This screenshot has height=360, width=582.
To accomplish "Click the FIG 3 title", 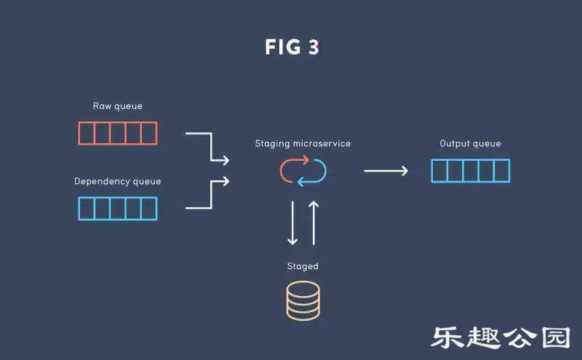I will (x=292, y=48).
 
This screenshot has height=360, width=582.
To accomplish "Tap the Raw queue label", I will (x=118, y=106).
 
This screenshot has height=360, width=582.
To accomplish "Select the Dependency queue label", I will (x=118, y=181).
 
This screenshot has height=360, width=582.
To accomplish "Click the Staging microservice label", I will (x=303, y=143).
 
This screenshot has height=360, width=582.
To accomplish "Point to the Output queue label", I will (x=471, y=143).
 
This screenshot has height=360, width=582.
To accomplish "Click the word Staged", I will (x=303, y=266).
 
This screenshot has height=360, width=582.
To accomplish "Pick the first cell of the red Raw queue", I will (x=87, y=133).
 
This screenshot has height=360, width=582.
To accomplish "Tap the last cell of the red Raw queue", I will (x=148, y=133).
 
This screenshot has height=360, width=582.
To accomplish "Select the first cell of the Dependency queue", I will (x=87, y=209).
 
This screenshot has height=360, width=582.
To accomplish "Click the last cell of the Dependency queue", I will (x=148, y=209).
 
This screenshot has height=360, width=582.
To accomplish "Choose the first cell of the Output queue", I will (x=439, y=171).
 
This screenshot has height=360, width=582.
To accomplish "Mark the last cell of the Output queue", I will (x=501, y=171).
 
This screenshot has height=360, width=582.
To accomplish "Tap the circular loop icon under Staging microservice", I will (x=303, y=170).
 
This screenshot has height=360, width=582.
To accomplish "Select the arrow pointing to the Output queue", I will (x=386, y=171).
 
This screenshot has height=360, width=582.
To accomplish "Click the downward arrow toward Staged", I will (x=292, y=223).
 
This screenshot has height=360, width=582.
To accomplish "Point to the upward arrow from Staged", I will (x=314, y=223).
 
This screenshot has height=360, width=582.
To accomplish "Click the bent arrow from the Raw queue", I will (x=210, y=145).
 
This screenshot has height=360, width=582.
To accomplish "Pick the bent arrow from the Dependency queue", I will (x=210, y=195).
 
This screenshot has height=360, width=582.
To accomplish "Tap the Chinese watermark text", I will (x=501, y=337).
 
